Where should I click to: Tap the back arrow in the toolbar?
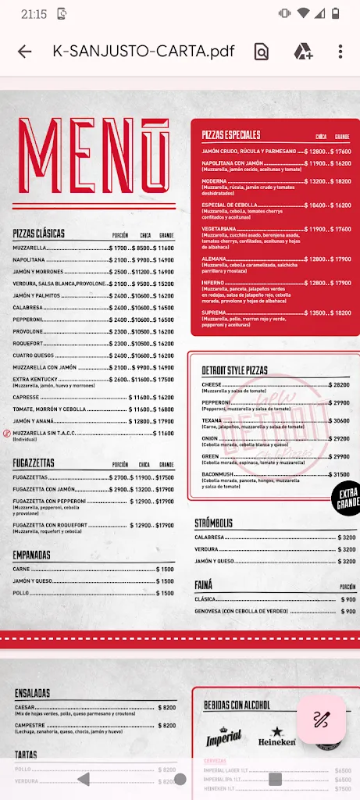tap(25, 52)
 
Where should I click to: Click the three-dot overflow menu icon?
tap(340, 52)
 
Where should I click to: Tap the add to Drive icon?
tap(303, 52)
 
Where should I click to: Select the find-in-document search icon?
tap(261, 52)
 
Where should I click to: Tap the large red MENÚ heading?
tap(93, 155)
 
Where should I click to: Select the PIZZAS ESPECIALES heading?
tap(230, 134)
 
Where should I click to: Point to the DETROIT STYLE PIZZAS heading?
tap(234, 370)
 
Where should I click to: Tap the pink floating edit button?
tap(321, 720)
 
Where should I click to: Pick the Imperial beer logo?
tap(223, 736)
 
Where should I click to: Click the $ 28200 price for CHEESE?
tap(337, 385)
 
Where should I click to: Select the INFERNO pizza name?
tap(214, 283)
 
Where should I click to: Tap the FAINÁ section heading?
tap(204, 584)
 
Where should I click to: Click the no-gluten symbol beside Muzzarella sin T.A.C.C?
tap(6, 433)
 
